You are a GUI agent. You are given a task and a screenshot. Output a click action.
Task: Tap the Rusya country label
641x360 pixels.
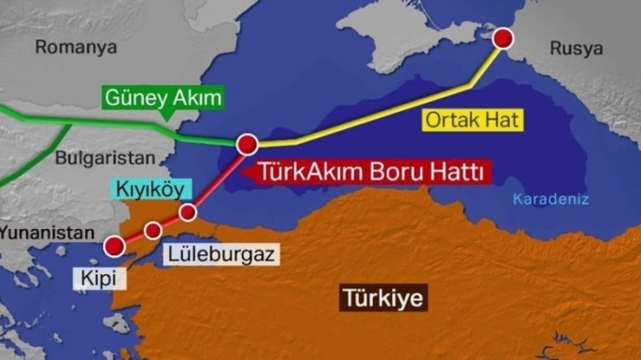click(575, 48)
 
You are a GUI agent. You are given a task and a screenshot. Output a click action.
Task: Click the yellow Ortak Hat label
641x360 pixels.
click(472, 120)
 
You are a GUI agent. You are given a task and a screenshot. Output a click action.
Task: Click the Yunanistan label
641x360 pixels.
click(47, 232)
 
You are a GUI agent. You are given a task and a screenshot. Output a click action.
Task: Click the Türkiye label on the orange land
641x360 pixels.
click(383, 299)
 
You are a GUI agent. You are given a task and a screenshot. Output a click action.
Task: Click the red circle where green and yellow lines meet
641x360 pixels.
click(248, 144)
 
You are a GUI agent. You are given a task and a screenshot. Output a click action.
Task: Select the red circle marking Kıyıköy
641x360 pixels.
click(189, 211)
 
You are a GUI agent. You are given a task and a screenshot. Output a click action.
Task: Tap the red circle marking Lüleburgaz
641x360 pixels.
click(153, 230)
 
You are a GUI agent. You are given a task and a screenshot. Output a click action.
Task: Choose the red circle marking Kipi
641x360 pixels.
click(114, 246)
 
